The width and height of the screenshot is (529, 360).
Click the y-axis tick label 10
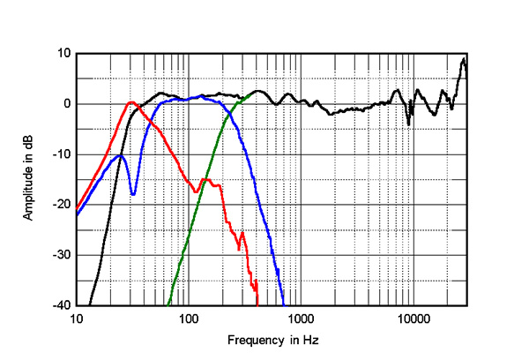tap(63, 53)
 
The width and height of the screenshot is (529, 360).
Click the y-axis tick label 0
tap(66, 104)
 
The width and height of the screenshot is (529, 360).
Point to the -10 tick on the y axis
tap(61, 154)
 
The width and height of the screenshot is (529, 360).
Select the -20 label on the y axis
tap(61, 205)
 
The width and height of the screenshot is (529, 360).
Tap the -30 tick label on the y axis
tap(61, 256)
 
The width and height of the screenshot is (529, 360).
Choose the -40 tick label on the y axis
tap(61, 306)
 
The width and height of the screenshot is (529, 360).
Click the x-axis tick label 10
tap(77, 319)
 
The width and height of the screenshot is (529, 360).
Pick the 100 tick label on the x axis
tap(189, 319)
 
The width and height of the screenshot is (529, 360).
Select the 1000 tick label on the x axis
tap(301, 319)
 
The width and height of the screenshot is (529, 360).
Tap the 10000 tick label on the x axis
tap(413, 319)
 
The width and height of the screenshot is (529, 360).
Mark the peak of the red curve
tap(131, 102)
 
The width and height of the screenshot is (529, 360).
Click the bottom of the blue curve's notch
tap(133, 194)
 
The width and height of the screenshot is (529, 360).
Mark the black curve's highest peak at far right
tap(464, 59)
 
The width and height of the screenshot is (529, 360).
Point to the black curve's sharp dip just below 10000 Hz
tap(408, 124)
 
